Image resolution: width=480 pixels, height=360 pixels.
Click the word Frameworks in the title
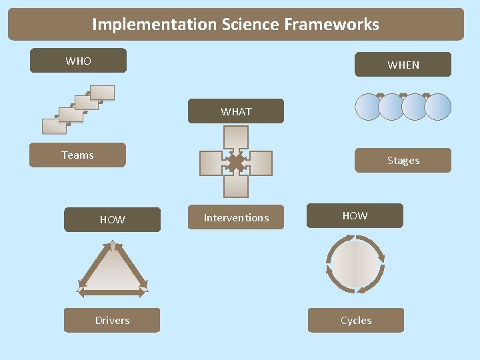[331, 25]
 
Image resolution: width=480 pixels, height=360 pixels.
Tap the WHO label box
[78, 61]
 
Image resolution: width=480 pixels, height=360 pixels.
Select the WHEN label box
[403, 65]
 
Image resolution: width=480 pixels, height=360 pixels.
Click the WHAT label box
[236, 111]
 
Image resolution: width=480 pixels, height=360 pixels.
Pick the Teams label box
[77, 155]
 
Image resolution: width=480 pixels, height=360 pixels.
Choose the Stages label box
[403, 161]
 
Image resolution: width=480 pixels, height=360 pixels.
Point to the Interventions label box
[236, 218]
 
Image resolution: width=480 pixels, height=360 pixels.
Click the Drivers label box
[112, 321]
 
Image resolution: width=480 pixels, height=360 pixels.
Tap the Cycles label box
[356, 321]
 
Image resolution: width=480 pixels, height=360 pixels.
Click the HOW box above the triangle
[112, 219]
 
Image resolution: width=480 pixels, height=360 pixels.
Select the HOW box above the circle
[355, 216]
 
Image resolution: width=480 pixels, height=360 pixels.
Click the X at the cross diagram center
[235, 163]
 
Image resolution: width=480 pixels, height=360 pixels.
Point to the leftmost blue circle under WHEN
[369, 107]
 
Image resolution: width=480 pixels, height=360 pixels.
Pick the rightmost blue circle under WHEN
[438, 107]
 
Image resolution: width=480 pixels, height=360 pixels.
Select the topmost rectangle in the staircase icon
[102, 93]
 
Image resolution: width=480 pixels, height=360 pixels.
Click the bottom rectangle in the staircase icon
[53, 126]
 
